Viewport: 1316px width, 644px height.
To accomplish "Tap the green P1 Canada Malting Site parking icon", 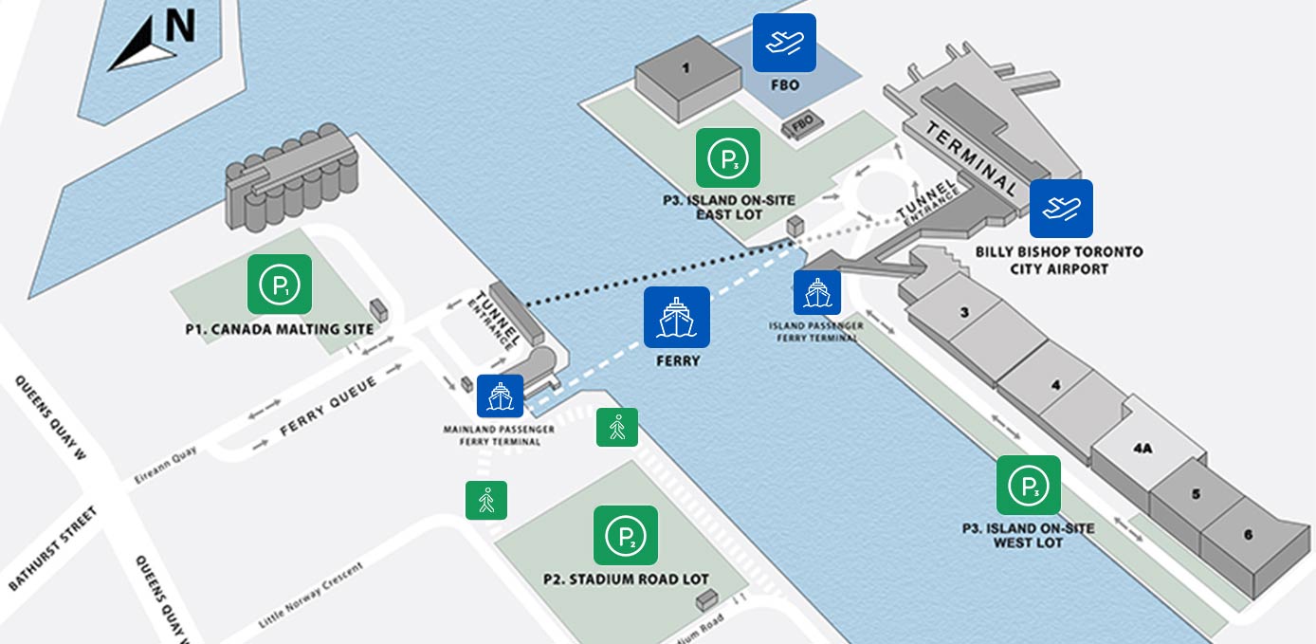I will coord(280,284).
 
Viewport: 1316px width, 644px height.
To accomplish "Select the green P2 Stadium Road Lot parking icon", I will coord(626,536).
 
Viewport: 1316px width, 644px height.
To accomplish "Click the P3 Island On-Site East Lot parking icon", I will coord(728,157).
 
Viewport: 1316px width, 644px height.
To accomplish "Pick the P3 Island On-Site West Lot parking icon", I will coord(1029,486).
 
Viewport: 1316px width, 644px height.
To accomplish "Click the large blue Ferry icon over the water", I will coord(677,316).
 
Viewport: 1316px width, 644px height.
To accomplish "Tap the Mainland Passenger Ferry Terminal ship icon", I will coord(500,396).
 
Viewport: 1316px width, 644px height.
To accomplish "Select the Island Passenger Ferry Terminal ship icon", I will coord(817,293).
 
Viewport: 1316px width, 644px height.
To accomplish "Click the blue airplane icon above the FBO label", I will coord(784,43).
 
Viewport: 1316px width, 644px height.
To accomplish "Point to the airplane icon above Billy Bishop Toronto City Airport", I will coord(1061,209).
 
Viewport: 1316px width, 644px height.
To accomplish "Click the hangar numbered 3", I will coord(963,312).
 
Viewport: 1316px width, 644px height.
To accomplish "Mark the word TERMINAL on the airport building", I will coord(972,156).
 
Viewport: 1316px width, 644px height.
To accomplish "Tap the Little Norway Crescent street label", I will coord(311,596).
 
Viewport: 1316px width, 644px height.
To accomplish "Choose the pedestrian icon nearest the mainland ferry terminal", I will coord(617,428).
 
